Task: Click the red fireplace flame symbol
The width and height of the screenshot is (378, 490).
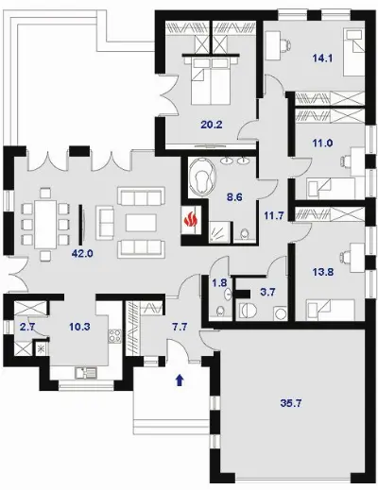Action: (191, 220)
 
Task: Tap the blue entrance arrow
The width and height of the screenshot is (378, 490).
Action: (180, 380)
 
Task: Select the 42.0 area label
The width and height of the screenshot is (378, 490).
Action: (82, 254)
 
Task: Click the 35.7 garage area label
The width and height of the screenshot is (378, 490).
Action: (291, 403)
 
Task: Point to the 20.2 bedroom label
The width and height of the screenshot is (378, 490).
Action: (212, 125)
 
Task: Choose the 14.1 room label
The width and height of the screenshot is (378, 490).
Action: (322, 58)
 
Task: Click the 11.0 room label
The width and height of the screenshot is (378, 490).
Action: (322, 144)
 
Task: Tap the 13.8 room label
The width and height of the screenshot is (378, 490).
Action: (323, 272)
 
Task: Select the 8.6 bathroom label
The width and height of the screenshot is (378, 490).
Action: (234, 197)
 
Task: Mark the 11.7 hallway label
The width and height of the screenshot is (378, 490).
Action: (274, 215)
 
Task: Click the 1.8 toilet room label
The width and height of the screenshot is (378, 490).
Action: (219, 282)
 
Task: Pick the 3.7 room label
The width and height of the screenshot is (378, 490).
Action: (267, 292)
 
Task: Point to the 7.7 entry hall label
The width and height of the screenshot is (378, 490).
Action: (180, 327)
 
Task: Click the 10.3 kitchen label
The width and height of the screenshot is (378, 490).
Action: (79, 327)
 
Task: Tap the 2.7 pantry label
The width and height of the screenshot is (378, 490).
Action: (27, 328)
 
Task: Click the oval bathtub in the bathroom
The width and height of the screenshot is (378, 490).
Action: (202, 177)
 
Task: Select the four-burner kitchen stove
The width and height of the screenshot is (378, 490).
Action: (114, 336)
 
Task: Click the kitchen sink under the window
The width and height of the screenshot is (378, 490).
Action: (86, 373)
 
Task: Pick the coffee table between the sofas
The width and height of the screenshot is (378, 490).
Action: (141, 223)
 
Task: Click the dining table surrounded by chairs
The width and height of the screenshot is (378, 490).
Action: (45, 224)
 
